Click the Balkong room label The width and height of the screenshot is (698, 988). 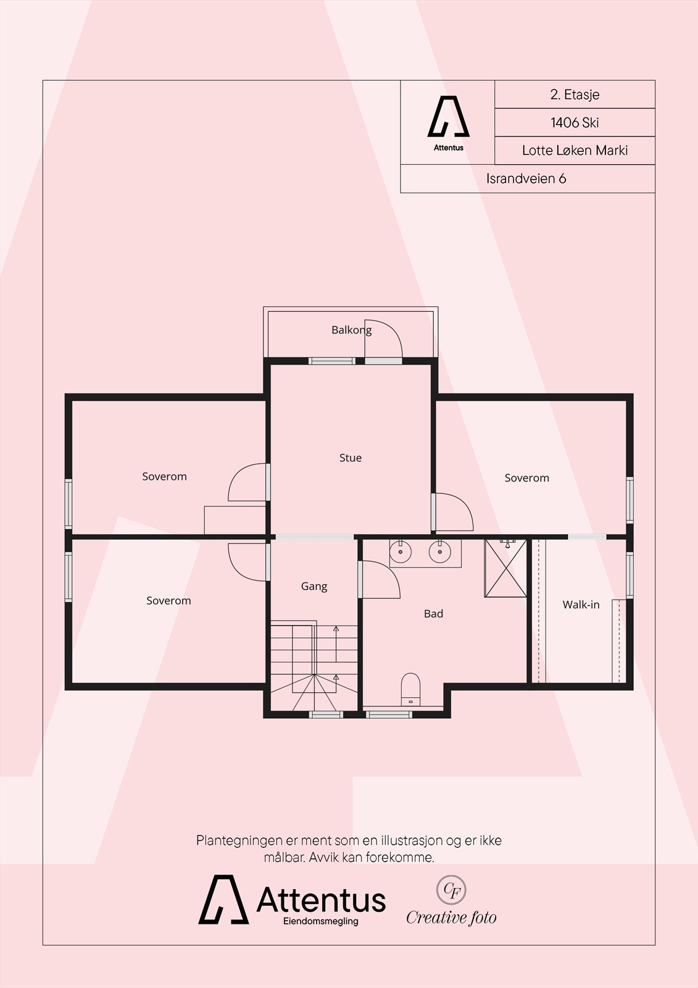[x=351, y=330]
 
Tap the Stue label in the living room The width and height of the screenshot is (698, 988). [x=351, y=458]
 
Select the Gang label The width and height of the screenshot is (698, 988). [x=314, y=587]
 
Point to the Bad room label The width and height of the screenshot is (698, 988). [x=433, y=614]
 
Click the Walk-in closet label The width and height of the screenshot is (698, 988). [x=581, y=605]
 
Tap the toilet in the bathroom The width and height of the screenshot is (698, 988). [x=410, y=689]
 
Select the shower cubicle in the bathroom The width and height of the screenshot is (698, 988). [x=505, y=568]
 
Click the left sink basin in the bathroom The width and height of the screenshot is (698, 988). [x=401, y=552]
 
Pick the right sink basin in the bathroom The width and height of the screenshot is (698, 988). [x=439, y=552]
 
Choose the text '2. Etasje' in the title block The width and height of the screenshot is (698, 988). [x=575, y=94]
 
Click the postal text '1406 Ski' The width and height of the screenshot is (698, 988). [x=575, y=123]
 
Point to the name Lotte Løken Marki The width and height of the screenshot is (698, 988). [x=575, y=151]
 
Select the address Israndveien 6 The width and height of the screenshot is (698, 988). [x=526, y=178]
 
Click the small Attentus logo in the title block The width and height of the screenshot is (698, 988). [x=449, y=123]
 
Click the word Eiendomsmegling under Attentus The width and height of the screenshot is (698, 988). [x=320, y=921]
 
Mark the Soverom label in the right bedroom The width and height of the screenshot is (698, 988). [x=527, y=478]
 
